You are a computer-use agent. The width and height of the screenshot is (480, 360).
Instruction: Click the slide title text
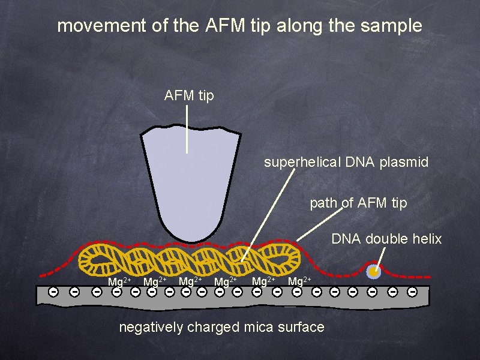tap(239, 26)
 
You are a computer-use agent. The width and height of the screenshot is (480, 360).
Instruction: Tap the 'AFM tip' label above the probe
tap(189, 95)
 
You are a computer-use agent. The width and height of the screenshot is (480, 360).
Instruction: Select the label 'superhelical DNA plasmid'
tap(346, 162)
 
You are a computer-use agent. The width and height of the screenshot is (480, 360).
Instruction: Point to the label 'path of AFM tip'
tap(358, 203)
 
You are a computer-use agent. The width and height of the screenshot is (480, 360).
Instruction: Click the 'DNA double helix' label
tap(386, 239)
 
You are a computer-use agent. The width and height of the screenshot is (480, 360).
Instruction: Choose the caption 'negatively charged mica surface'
tap(221, 327)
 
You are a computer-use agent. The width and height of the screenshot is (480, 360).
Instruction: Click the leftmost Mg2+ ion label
tap(119, 281)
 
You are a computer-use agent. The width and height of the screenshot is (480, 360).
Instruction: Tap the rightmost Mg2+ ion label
tap(299, 281)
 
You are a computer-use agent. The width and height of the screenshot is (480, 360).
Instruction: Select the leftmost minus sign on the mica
tap(53, 292)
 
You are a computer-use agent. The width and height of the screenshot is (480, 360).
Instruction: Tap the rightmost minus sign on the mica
tap(412, 292)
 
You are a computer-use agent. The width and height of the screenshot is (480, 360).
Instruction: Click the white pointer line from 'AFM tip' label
tap(187, 129)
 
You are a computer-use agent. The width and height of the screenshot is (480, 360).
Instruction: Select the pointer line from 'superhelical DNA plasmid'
tap(267, 216)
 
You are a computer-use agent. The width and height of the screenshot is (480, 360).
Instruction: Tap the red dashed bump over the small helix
tap(374, 262)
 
